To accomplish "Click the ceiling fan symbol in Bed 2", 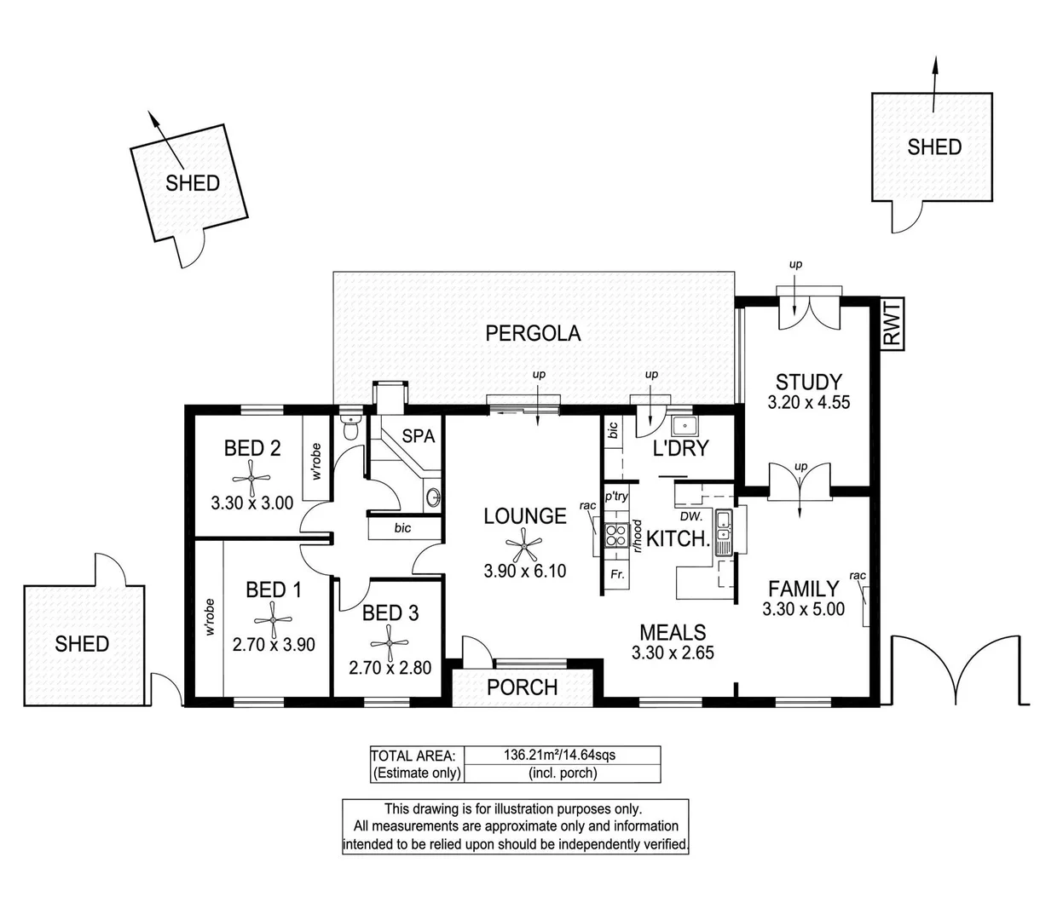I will pos(252,474).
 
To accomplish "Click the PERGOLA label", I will pos(533,333).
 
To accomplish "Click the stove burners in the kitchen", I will pos(615,535).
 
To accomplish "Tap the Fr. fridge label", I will pos(618,575).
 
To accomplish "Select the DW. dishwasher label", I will pos(691,516).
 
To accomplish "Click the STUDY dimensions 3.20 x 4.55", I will pos(808,403).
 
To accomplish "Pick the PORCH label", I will pos(522,687).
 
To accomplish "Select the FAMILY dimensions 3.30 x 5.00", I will pos(804,609).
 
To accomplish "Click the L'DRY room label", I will pos(680,448).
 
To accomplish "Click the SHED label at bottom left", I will pos(82,643).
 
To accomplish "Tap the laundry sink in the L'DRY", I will pos(684,426).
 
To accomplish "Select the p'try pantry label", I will pos(616,496).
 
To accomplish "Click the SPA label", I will pos(418,436).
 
